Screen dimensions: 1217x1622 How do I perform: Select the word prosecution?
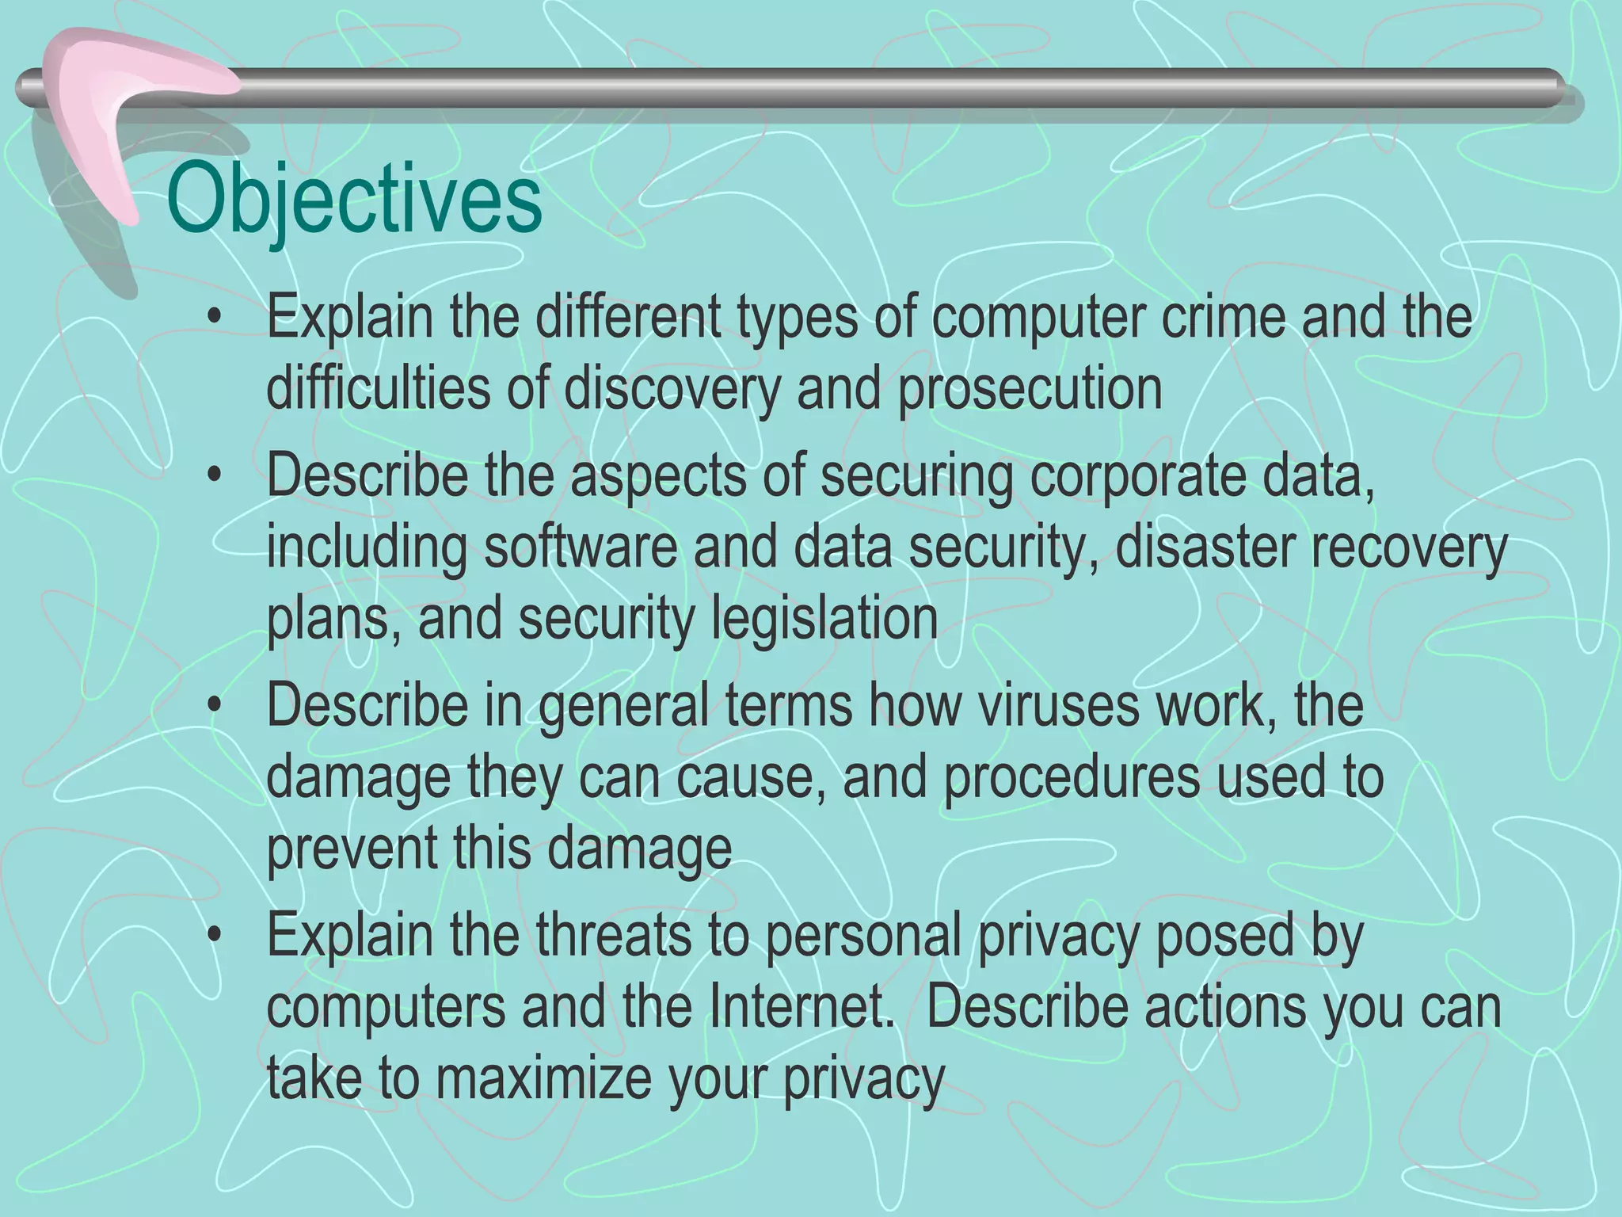click(x=1030, y=388)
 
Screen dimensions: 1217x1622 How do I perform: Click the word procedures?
click(x=1072, y=776)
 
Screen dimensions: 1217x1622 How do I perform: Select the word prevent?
click(x=351, y=849)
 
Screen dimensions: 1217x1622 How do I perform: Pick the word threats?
click(x=614, y=935)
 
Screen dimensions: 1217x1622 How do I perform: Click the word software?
click(x=581, y=547)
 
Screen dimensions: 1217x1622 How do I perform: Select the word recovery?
click(x=1407, y=548)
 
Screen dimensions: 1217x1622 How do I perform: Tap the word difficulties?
click(x=378, y=388)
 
